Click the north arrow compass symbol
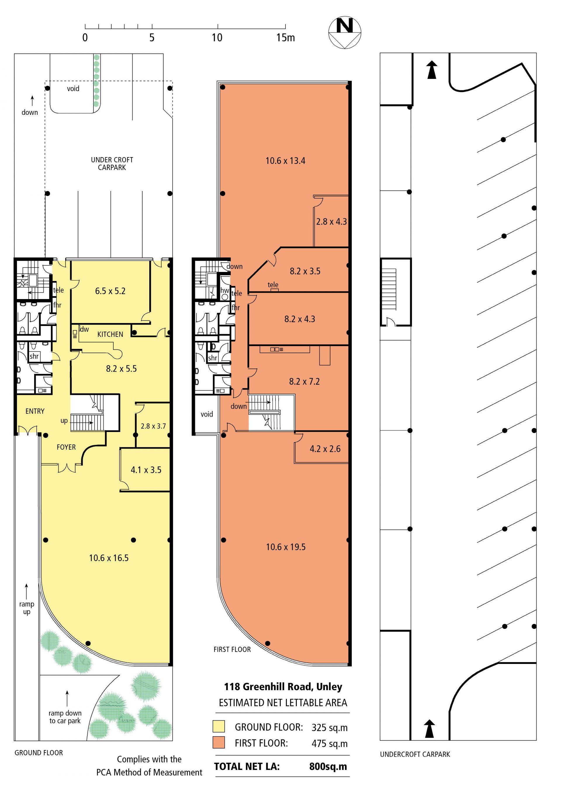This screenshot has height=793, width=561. tap(344, 33)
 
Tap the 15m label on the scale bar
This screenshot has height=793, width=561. tap(285, 38)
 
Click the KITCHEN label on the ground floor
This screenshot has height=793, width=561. tap(110, 334)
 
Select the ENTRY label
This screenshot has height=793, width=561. tap(35, 411)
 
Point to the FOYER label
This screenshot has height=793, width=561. tap(66, 447)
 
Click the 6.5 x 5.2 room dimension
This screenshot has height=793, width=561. tap(110, 291)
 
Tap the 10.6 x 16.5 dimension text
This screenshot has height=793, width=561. tap(109, 558)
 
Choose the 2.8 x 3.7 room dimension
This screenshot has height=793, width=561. tap(153, 426)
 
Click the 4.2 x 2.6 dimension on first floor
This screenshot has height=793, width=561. tap(325, 449)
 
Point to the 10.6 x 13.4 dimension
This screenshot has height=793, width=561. tap(285, 161)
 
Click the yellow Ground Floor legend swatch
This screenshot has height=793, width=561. tap(219, 726)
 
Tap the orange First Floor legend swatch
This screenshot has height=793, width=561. tap(219, 742)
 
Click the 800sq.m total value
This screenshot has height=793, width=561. tap(328, 766)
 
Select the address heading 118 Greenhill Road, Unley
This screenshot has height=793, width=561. tap(283, 687)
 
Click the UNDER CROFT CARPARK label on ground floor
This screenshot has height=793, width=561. tap(112, 163)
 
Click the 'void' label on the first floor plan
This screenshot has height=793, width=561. tap(207, 414)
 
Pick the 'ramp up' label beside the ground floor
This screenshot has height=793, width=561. tap(27, 608)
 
